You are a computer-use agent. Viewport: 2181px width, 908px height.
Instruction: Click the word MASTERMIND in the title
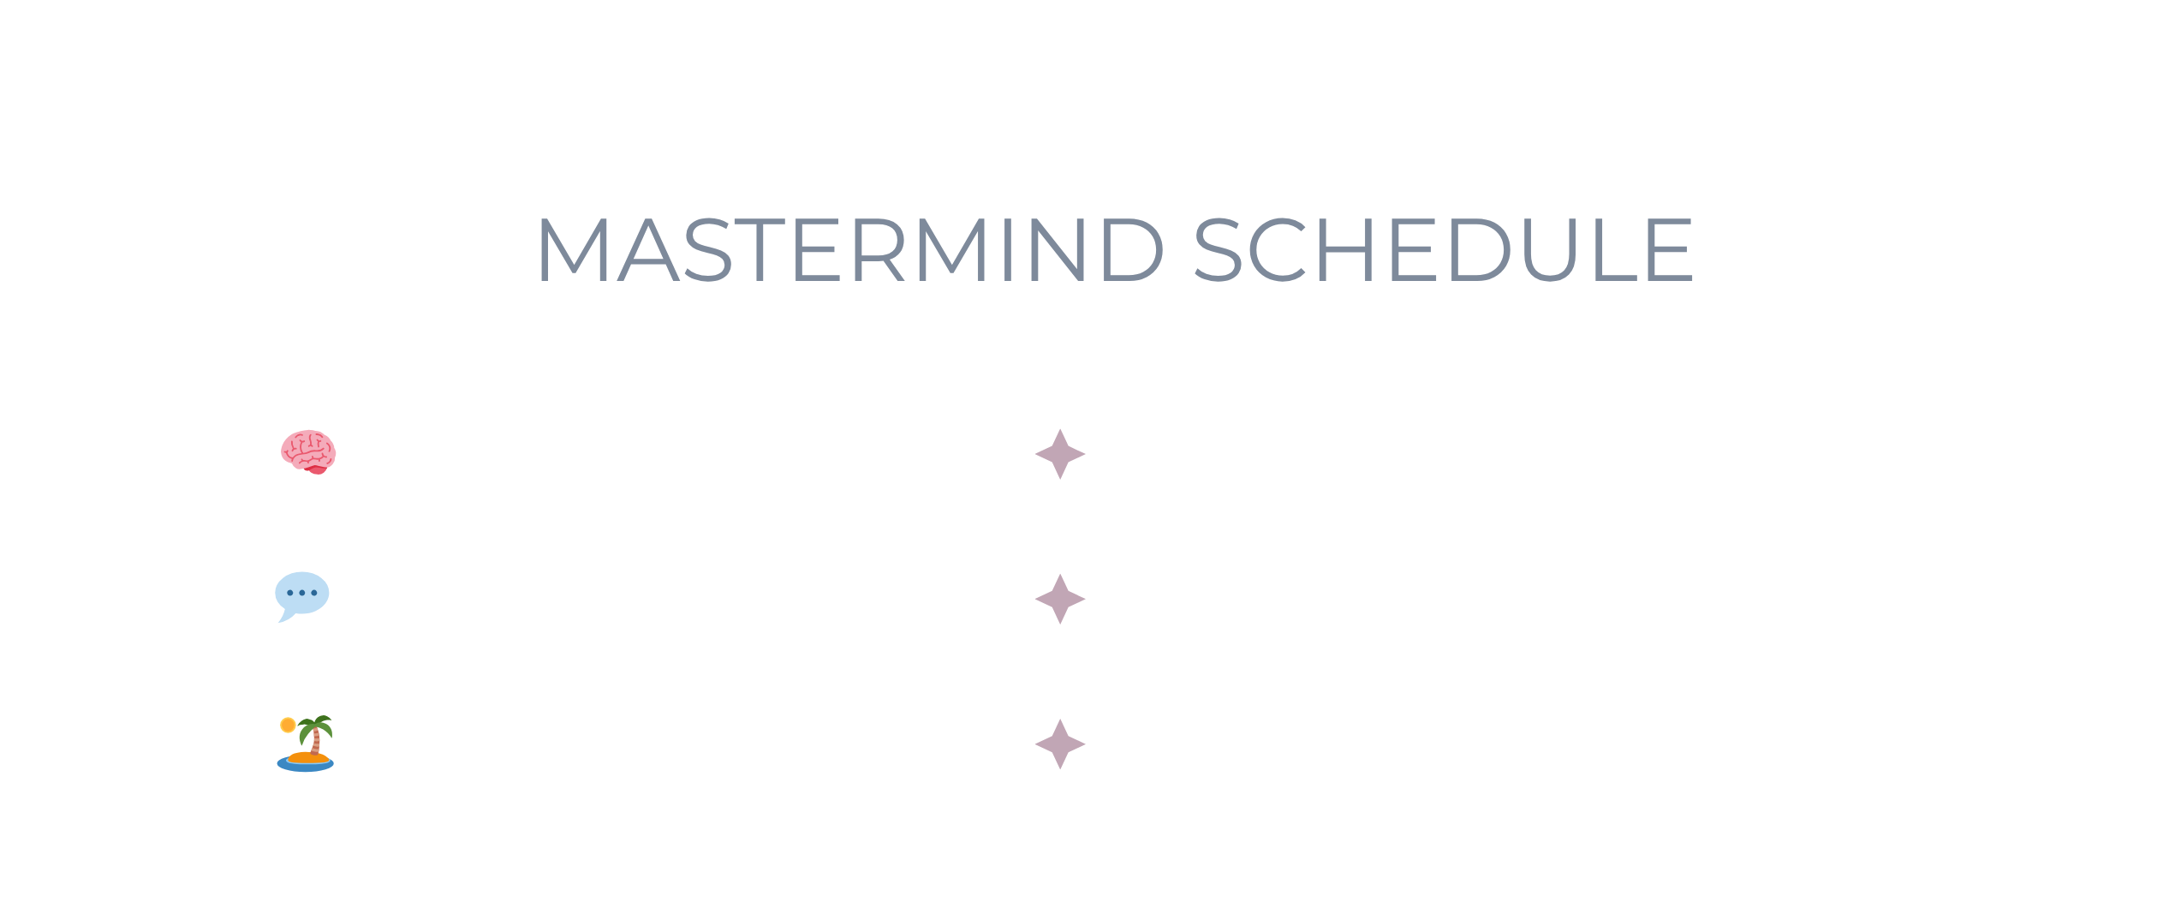(850, 249)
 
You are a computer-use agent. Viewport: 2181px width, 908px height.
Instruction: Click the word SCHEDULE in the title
(1444, 249)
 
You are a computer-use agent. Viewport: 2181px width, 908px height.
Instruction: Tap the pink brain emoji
(308, 452)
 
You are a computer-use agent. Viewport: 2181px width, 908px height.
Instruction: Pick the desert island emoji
(306, 744)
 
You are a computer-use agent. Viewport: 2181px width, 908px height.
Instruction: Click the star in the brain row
(1060, 454)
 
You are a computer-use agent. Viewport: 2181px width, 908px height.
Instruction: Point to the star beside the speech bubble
(1060, 599)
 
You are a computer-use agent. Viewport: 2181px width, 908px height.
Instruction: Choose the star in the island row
(1060, 744)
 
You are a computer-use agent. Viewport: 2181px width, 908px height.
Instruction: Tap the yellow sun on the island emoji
(289, 726)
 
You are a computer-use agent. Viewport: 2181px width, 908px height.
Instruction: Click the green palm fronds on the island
(316, 726)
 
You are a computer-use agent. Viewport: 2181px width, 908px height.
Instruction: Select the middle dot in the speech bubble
(302, 593)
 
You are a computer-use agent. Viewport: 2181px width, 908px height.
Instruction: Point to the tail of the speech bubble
(286, 616)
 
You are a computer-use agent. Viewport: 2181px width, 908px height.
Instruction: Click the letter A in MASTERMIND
(648, 249)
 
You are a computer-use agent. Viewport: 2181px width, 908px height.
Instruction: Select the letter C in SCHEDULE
(1278, 249)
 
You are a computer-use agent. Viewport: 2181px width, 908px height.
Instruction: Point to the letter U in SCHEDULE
(1550, 250)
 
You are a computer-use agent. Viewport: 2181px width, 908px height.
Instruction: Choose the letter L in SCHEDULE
(1615, 249)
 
